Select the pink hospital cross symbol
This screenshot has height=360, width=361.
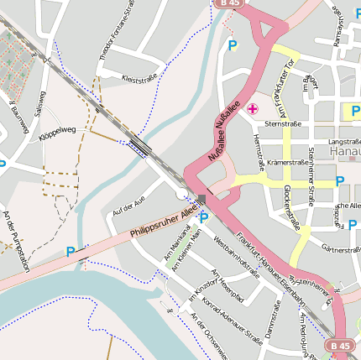coord(252,109)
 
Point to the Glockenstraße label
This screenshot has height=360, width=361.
coord(292,206)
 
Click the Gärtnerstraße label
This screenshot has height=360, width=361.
coord(341,249)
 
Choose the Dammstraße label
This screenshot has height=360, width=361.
coord(272,326)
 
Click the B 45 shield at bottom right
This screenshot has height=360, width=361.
coord(340,345)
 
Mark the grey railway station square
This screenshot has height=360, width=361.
coord(201,199)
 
